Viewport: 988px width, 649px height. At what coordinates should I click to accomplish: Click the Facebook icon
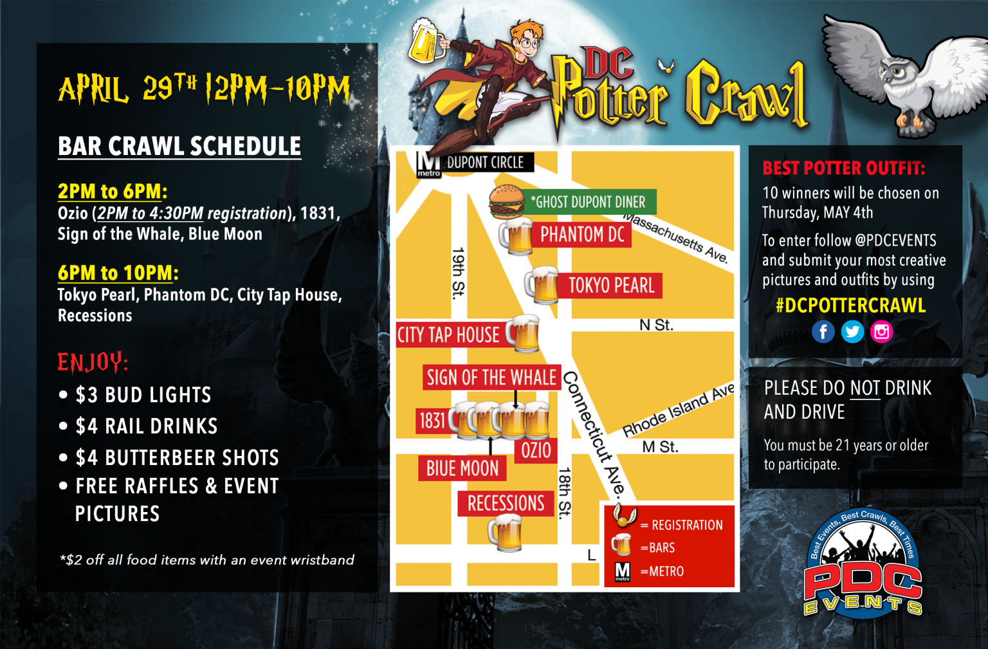(823, 332)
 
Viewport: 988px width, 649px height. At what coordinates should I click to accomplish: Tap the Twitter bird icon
(852, 332)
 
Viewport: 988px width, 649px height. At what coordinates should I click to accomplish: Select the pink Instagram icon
(881, 332)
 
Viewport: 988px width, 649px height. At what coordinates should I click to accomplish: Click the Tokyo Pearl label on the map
(611, 286)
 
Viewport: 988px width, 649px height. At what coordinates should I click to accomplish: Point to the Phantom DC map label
(582, 235)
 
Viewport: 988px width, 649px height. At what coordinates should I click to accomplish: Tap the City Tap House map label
(448, 335)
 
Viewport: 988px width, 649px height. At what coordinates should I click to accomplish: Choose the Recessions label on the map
(506, 504)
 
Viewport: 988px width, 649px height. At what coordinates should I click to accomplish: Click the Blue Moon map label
(462, 469)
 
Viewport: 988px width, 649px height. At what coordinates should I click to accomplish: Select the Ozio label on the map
(536, 450)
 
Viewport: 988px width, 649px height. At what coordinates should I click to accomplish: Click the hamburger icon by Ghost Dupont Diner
(507, 201)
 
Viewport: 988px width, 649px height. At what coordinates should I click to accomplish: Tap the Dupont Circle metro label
(485, 163)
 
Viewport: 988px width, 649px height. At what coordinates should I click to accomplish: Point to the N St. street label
(656, 325)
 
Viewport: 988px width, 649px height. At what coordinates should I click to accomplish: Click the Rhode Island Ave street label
(678, 412)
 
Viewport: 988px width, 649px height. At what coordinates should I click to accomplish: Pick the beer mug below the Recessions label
(506, 533)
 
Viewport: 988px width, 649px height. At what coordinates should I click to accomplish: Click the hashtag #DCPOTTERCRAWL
(850, 306)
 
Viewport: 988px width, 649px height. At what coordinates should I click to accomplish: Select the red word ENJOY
(93, 362)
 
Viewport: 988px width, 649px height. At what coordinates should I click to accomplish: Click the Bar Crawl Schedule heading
(179, 147)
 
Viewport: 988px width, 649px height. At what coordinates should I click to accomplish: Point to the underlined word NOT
(865, 388)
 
